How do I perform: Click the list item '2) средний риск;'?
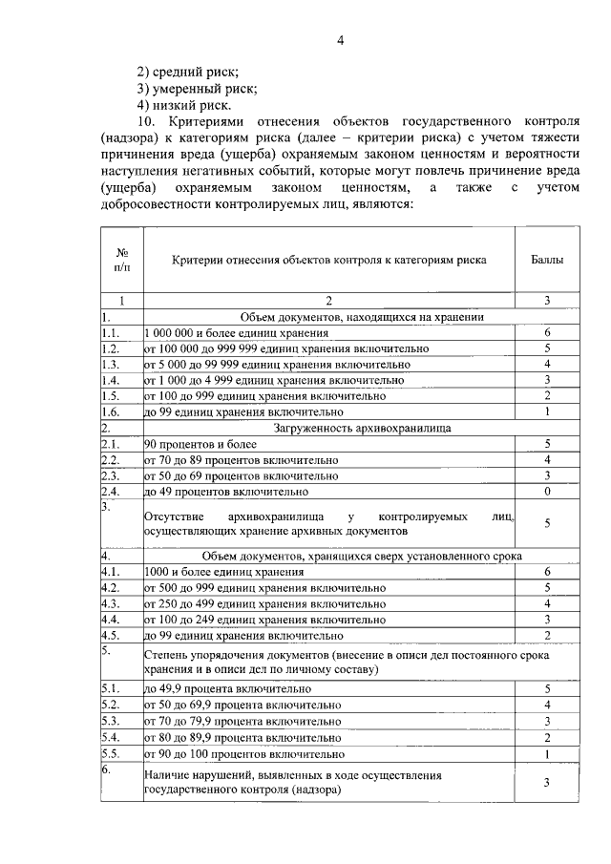(187, 72)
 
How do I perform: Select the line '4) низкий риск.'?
(183, 105)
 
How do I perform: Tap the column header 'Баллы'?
(546, 260)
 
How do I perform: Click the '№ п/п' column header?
(122, 260)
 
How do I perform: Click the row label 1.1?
(111, 333)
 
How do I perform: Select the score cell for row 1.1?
(546, 333)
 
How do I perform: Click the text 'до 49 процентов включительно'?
(226, 491)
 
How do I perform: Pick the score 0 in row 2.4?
(546, 491)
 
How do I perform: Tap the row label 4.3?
(111, 603)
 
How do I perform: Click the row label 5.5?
(111, 754)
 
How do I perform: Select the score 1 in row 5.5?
(546, 754)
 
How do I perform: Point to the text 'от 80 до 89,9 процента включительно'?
(242, 738)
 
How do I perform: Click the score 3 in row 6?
(546, 783)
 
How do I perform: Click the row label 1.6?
(111, 411)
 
